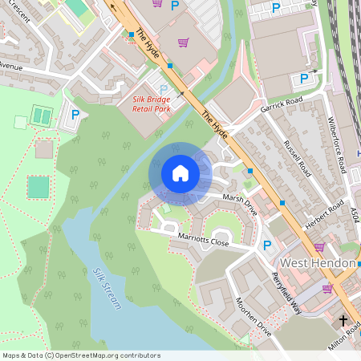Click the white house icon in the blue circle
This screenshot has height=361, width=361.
point(180,173)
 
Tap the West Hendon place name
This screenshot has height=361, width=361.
point(317,262)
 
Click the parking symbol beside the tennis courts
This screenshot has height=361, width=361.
point(75,116)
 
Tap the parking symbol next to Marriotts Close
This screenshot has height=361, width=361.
point(268,245)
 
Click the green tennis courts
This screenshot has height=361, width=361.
point(40,116)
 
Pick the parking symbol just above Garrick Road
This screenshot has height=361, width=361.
point(304,78)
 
